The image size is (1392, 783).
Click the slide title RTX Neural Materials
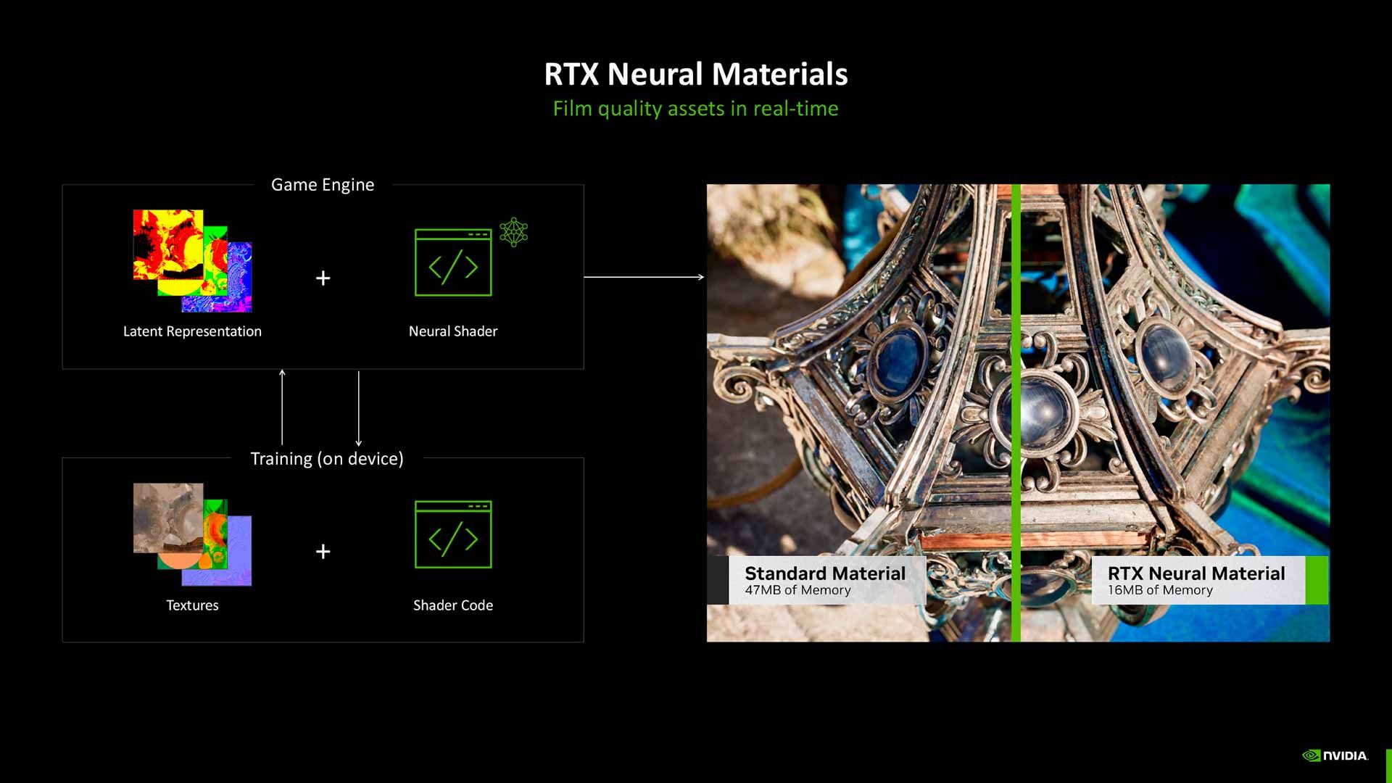(695, 74)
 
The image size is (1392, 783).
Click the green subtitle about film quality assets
(695, 109)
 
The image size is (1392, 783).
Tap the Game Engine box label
(323, 185)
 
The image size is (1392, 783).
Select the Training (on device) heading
(326, 459)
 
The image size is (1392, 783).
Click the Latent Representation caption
(192, 331)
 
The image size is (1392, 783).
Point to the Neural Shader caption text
(453, 331)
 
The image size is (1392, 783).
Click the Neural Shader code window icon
(453, 262)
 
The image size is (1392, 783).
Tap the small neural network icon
(513, 232)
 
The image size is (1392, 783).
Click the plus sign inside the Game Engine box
(323, 278)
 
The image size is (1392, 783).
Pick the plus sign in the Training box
(323, 552)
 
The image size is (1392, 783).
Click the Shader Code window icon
(453, 535)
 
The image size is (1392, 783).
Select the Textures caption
(192, 605)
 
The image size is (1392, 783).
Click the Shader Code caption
(453, 605)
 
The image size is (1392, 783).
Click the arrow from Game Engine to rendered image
(644, 277)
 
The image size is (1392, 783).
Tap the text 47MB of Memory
(797, 590)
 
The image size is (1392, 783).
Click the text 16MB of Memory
(1160, 590)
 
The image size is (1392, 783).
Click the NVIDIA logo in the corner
(1335, 755)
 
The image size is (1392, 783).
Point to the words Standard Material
(825, 573)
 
